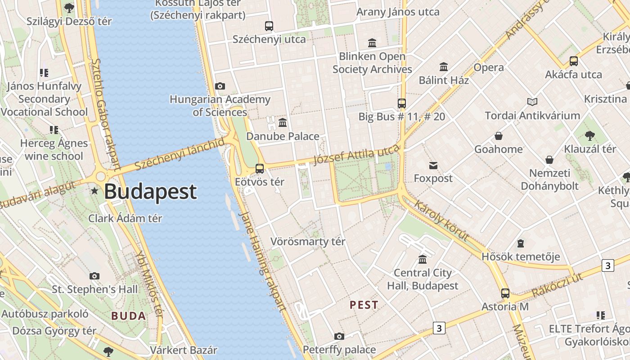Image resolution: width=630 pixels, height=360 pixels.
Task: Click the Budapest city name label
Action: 150,192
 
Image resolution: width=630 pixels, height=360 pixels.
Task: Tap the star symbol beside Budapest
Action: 94,191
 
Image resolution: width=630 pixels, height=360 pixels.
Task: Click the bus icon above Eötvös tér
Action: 260,169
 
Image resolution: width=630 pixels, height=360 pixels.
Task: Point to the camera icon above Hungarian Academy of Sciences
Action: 220,86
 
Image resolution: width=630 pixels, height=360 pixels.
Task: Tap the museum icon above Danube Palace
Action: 283,122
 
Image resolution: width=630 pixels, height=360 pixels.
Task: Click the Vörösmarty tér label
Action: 308,242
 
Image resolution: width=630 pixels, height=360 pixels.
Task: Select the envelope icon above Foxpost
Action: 433,166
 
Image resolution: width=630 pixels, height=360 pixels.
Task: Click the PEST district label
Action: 364,305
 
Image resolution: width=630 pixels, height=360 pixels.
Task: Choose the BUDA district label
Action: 129,316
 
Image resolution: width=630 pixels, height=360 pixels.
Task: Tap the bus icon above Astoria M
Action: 505,293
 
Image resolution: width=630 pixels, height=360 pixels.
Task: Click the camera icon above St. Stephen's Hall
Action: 94,276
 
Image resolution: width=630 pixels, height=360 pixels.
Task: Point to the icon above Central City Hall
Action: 423,260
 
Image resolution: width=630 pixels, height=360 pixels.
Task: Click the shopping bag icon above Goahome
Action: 499,136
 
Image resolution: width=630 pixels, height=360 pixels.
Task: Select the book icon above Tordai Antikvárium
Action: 532,102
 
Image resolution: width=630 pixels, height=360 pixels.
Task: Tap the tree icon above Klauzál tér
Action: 589,135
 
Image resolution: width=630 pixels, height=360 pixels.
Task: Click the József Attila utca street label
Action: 355,156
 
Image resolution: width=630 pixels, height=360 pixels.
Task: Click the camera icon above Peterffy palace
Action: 339,336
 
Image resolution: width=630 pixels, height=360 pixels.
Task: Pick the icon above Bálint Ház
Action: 444,67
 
